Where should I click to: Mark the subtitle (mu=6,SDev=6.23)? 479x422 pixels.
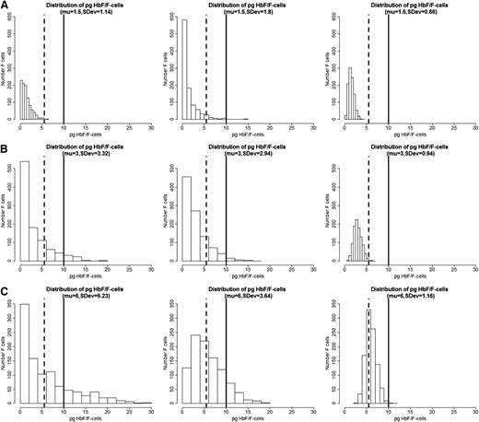pyautogui.click(x=85, y=294)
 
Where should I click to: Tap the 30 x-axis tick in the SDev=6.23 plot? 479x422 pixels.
pyautogui.click(x=151, y=407)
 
